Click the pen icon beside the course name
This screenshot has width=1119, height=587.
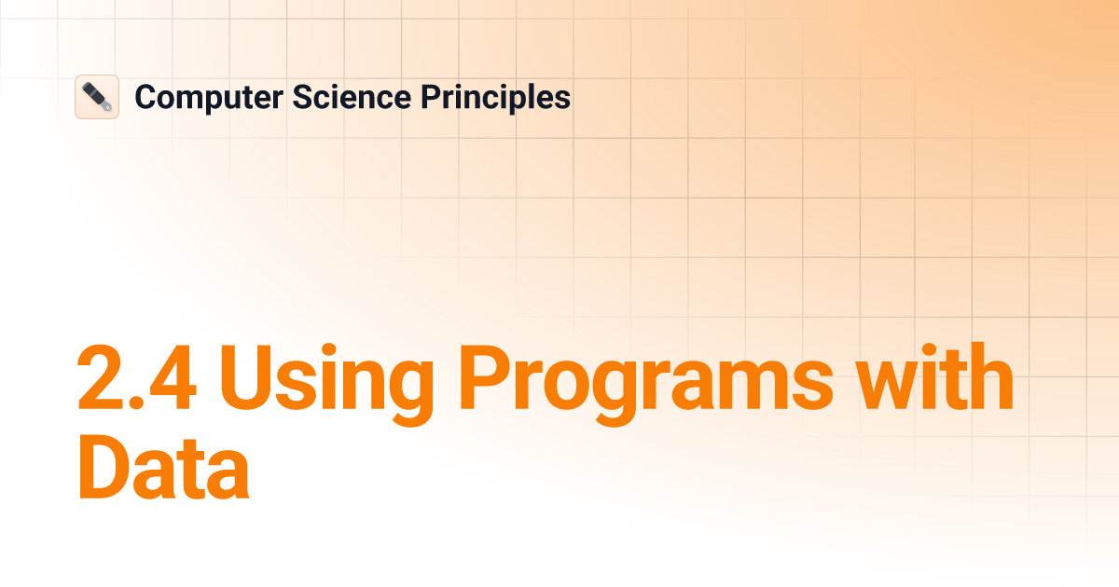pyautogui.click(x=97, y=97)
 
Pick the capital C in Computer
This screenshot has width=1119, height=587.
pyautogui.click(x=145, y=97)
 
